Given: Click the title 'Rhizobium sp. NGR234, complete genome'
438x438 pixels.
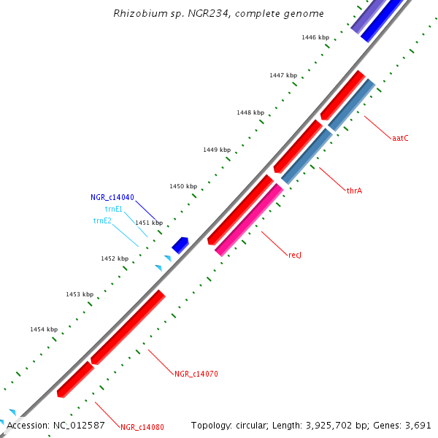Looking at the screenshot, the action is (219, 14).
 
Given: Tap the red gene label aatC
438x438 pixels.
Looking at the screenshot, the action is (399, 138).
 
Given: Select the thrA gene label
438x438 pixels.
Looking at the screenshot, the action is (355, 191).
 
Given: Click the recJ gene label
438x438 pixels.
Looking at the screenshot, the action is (295, 255).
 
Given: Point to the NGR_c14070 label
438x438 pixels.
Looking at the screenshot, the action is (196, 374).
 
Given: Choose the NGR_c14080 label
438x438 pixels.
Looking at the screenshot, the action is (142, 427).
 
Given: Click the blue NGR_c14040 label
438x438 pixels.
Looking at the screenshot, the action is (112, 197).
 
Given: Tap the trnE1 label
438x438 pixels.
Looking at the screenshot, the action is (114, 209).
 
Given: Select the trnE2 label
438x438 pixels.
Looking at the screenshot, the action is (102, 220).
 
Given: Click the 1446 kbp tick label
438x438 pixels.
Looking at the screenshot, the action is (315, 36).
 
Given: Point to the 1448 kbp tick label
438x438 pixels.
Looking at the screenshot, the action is (250, 112).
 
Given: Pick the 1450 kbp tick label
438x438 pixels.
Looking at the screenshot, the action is (183, 186).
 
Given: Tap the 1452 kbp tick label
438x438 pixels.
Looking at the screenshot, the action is (115, 258).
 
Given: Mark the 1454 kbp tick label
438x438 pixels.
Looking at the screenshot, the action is (44, 329).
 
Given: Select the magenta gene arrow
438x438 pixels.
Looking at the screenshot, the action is (248, 219).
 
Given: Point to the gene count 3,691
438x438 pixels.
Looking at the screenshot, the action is (419, 425).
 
